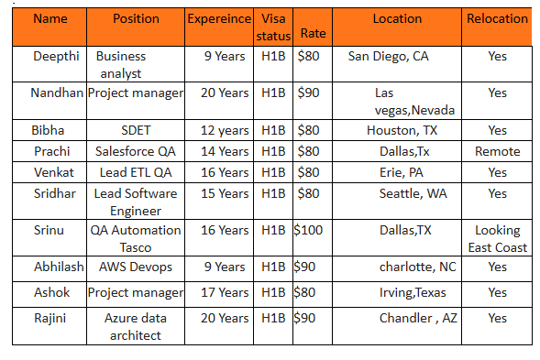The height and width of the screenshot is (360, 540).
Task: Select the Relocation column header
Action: (497, 18)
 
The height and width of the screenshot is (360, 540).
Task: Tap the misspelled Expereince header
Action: (219, 18)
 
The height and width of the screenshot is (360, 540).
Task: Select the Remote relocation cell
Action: (497, 151)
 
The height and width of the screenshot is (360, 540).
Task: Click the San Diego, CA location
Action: (388, 56)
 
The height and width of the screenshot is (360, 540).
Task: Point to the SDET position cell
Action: (135, 130)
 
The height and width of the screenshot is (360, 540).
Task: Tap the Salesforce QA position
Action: (135, 151)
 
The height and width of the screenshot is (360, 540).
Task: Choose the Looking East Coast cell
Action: (497, 238)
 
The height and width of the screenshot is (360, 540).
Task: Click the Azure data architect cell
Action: (135, 326)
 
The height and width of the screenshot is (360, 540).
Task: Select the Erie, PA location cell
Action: (401, 172)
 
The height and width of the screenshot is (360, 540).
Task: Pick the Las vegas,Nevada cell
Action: (401, 101)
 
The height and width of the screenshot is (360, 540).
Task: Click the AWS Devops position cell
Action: (135, 267)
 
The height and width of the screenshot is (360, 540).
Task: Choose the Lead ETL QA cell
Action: (135, 172)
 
